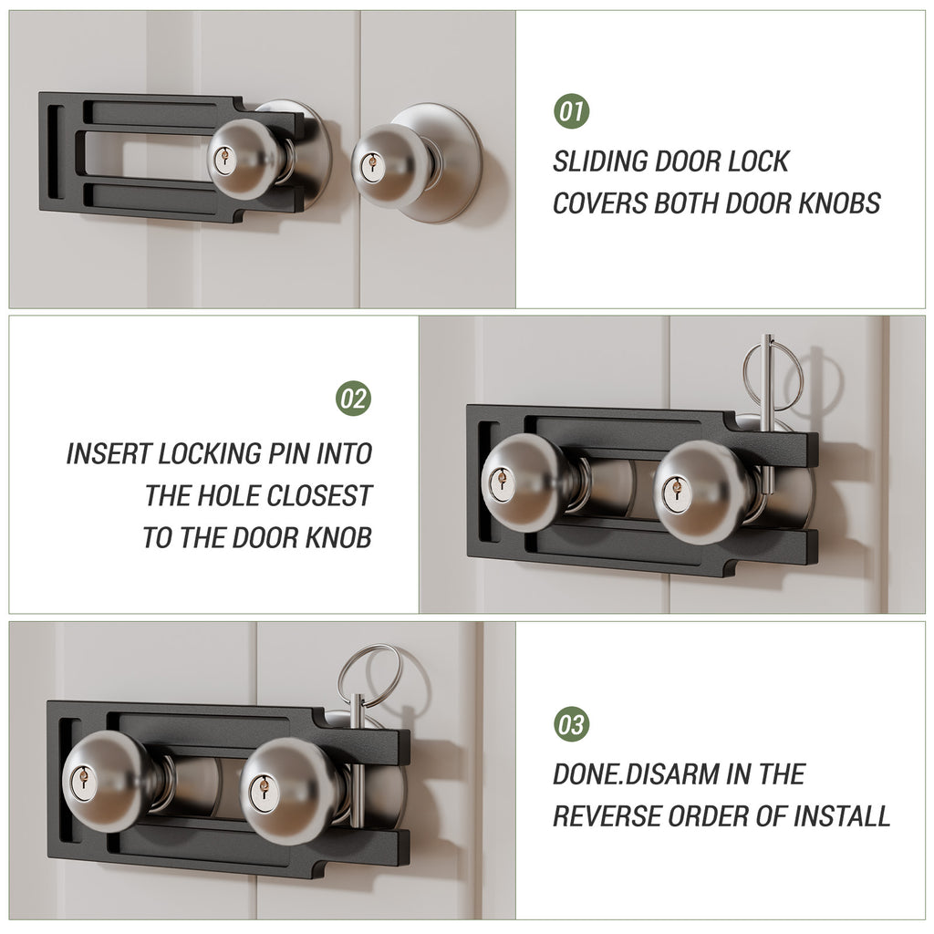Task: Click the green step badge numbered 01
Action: (x=572, y=112)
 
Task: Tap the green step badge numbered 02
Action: (x=354, y=399)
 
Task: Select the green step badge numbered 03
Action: (x=572, y=725)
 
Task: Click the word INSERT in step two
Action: (x=109, y=454)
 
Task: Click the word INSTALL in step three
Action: (x=840, y=815)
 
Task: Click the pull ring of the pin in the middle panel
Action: (x=772, y=375)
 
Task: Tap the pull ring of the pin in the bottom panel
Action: (x=368, y=674)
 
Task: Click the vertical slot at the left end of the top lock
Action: (x=55, y=151)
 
